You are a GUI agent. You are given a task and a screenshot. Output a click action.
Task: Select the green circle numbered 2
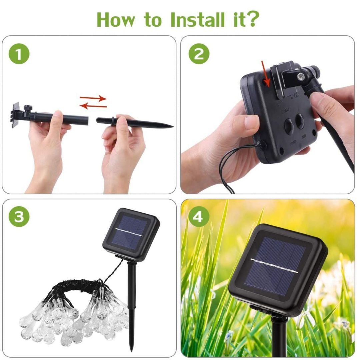[199, 54]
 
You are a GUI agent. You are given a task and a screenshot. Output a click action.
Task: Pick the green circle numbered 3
[19, 217]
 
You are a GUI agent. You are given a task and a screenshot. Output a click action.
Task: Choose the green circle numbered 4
[198, 217]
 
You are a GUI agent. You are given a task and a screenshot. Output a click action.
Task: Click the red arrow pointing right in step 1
[93, 98]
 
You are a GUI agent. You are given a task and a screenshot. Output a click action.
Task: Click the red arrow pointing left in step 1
[93, 106]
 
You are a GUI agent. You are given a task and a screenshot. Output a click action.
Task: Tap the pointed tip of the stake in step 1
[172, 126]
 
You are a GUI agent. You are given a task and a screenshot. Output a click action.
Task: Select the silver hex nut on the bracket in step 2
[301, 76]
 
